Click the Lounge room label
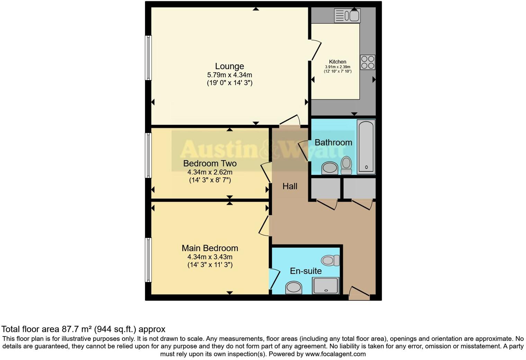[x=229, y=66]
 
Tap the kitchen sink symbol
[x=347, y=16]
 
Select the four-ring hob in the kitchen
[x=368, y=62]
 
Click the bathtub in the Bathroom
[x=366, y=146]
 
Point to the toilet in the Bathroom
[x=346, y=165]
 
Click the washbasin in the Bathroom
[x=329, y=169]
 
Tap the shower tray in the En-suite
[x=325, y=286]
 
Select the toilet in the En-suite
[x=330, y=260]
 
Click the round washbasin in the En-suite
[x=294, y=288]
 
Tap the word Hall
[x=290, y=186]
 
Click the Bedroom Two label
[x=210, y=163]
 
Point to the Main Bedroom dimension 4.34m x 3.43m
[x=210, y=257]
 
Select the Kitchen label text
[x=337, y=62]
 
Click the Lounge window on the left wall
[x=148, y=58]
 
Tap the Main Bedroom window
[x=148, y=260]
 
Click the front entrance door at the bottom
[x=359, y=294]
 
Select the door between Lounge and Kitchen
[x=316, y=51]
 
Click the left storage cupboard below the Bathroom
[x=325, y=188]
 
